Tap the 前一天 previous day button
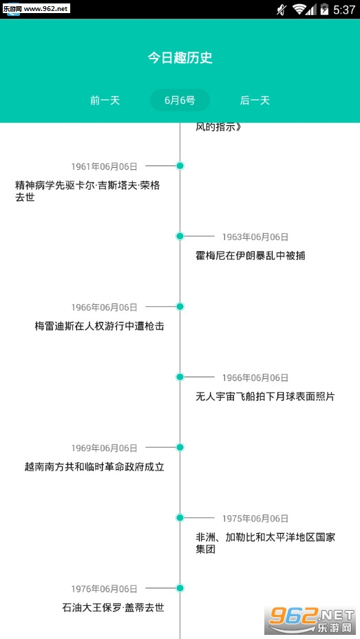point(105,100)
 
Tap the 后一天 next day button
point(255,100)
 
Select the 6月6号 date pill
point(180,100)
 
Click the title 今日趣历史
point(180,58)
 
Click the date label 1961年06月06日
point(105,166)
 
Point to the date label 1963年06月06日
point(255,237)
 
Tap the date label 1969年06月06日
point(105,448)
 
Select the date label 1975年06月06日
point(255,519)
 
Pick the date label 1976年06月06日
point(105,589)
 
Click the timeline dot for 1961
point(180,166)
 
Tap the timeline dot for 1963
point(180,236)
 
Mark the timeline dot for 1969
point(180,447)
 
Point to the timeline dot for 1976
point(180,588)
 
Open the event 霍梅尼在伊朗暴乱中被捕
point(251,256)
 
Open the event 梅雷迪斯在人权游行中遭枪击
point(100,326)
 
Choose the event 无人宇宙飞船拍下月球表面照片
point(265,396)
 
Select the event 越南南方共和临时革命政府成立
point(94,466)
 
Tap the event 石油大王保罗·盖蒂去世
point(114,607)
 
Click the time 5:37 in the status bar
point(344,10)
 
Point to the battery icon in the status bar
point(324,9)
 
